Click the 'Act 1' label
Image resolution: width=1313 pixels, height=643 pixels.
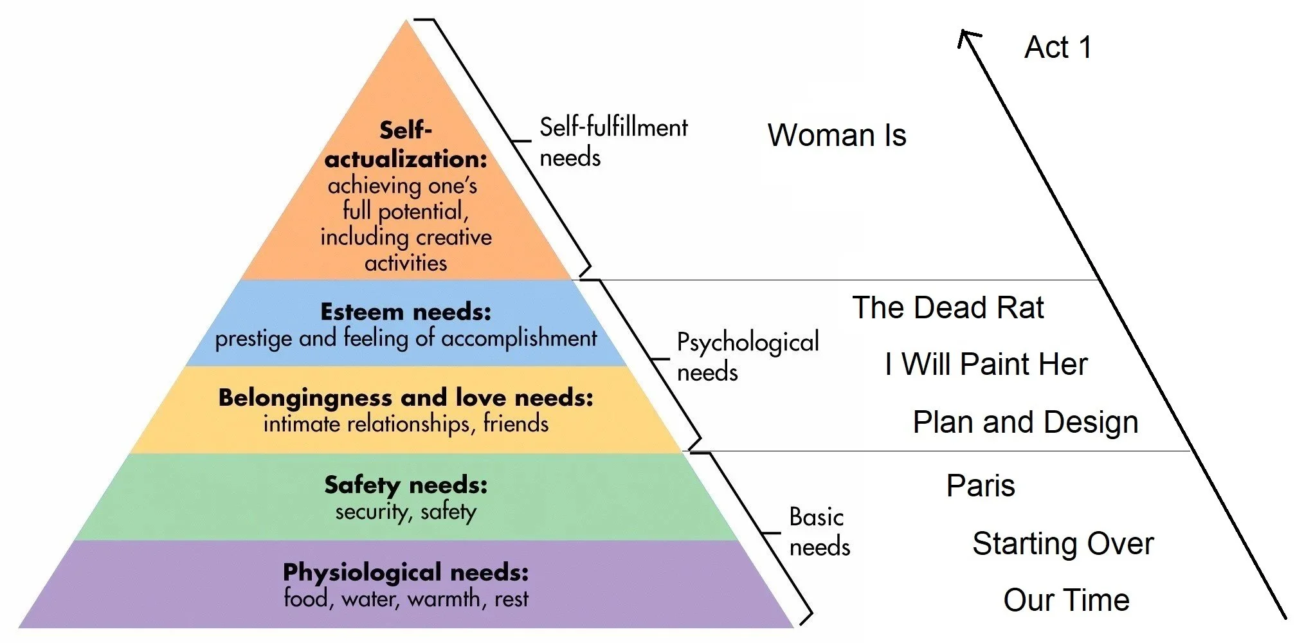tap(1058, 48)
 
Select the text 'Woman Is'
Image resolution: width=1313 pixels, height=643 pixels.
tap(837, 136)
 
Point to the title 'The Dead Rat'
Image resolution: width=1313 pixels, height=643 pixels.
tap(948, 308)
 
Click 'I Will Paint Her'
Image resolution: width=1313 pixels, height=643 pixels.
tap(986, 365)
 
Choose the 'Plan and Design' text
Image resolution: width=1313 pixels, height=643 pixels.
tap(1026, 422)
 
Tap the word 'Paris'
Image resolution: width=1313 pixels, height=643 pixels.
tap(981, 486)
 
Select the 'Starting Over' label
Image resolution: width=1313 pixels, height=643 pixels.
tap(1063, 544)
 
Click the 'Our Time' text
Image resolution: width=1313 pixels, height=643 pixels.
tap(1066, 600)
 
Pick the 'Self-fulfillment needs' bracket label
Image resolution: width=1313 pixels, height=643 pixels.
tap(613, 142)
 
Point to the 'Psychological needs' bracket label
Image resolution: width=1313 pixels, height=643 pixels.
tap(747, 357)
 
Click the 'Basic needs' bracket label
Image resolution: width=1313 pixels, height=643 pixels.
tap(819, 532)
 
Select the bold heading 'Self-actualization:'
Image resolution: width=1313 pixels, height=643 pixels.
tap(406, 145)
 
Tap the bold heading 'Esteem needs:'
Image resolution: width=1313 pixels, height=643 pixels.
tap(406, 312)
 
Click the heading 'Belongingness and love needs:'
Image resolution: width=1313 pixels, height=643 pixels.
tap(406, 398)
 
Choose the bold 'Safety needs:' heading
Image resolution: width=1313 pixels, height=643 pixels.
tap(406, 485)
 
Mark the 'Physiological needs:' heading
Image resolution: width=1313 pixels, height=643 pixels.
tap(406, 572)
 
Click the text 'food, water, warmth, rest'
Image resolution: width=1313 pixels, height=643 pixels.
tap(406, 599)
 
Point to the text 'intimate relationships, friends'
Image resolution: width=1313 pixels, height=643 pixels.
tap(406, 424)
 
